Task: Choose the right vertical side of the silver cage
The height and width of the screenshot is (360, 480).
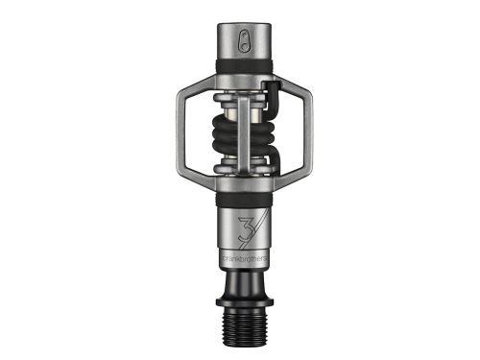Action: click(304, 135)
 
